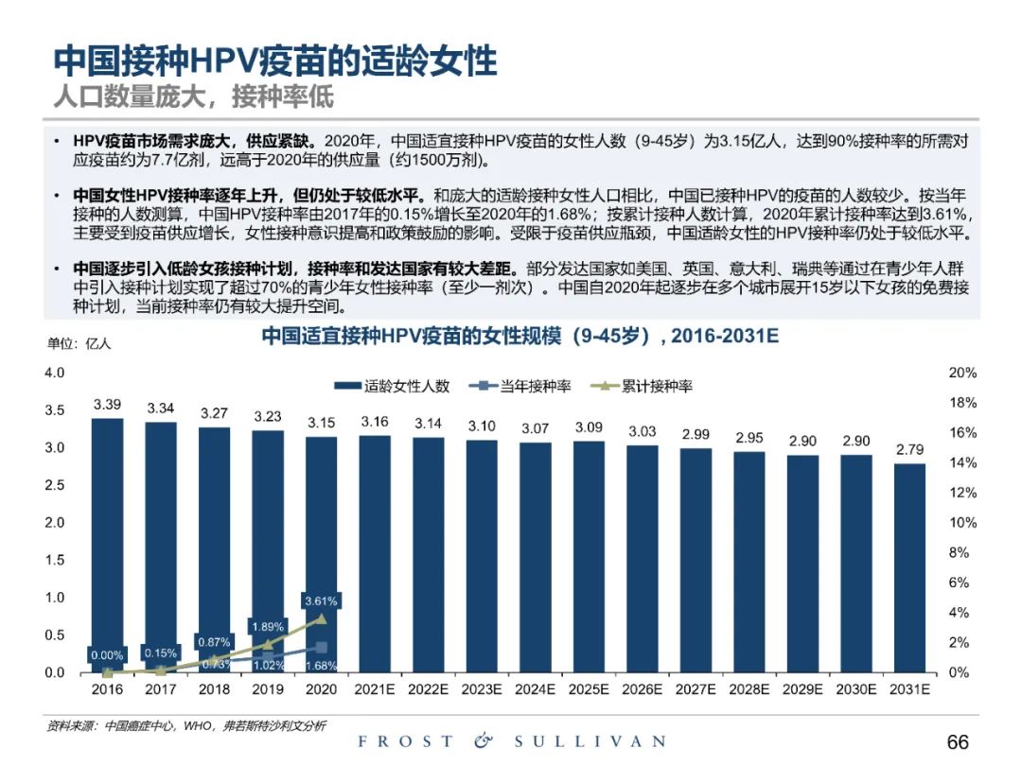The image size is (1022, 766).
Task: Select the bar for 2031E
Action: point(909,567)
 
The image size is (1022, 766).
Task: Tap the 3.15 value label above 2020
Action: point(322,423)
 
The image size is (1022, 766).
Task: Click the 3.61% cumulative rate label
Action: point(322,601)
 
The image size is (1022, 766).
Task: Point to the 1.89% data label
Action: point(268,626)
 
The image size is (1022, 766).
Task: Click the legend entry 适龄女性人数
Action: point(393,386)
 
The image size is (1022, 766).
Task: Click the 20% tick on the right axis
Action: point(962,374)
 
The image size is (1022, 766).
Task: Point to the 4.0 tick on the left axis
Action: point(55,373)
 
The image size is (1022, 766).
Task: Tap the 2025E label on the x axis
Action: point(589,689)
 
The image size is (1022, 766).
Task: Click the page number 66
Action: point(958,741)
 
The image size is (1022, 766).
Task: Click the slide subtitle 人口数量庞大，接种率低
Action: point(193,96)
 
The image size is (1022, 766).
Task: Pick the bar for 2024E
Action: point(535,558)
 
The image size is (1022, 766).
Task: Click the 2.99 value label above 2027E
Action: point(696,434)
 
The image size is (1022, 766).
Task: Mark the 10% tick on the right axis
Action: point(962,523)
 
